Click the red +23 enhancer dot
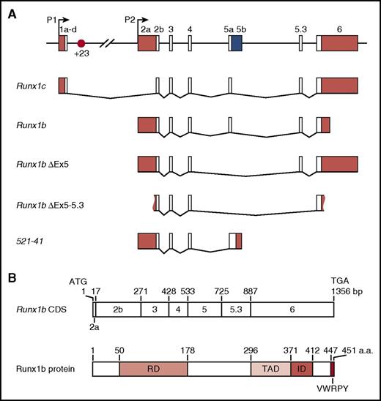[x=81, y=44]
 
